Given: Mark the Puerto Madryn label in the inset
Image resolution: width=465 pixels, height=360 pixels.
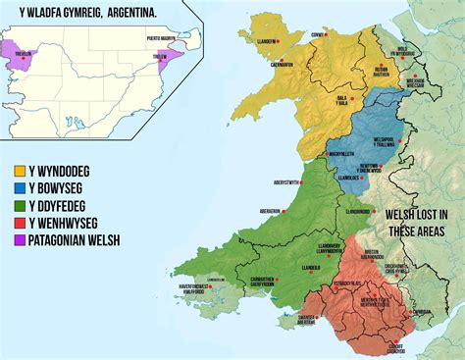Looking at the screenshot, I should [x=164, y=36].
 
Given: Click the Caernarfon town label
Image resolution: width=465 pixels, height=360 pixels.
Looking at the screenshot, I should [x=280, y=65].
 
